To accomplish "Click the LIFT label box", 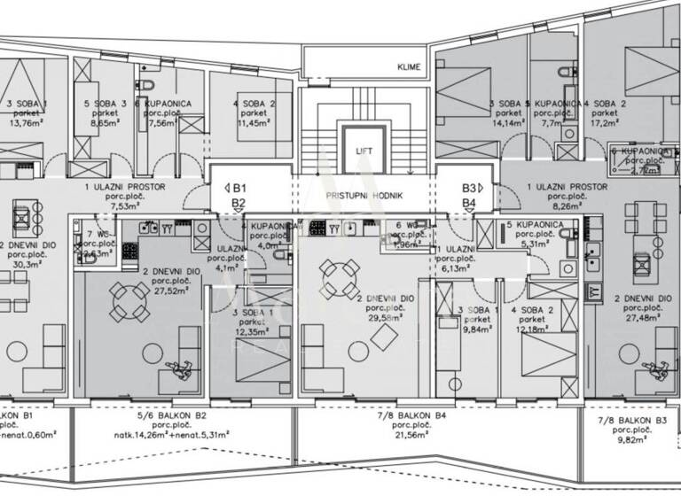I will pyautogui.click(x=364, y=151).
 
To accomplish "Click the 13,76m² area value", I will pyautogui.click(x=24, y=124).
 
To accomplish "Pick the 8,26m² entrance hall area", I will pyautogui.click(x=567, y=205).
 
